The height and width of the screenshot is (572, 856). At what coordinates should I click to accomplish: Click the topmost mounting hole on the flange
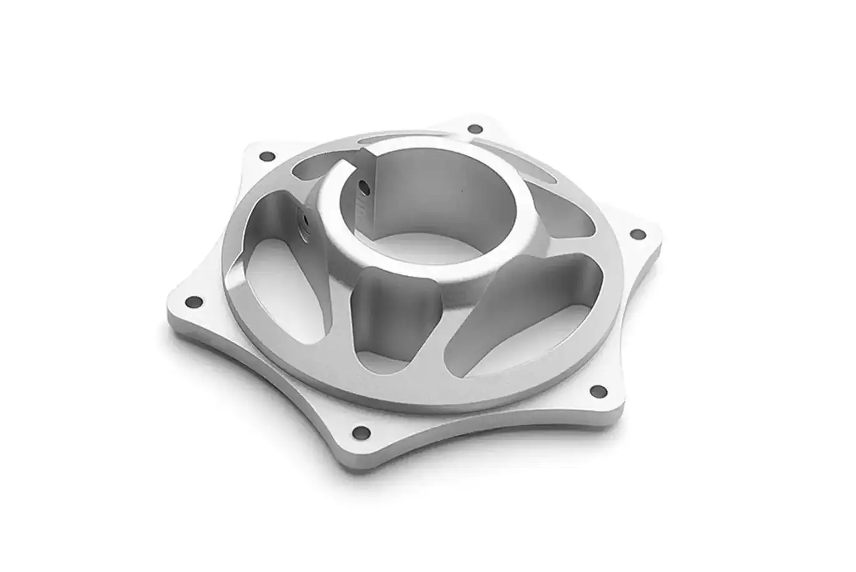[x=475, y=129]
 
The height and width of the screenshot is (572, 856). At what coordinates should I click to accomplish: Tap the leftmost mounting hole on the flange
[x=195, y=302]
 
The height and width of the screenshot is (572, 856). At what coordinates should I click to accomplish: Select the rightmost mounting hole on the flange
[x=637, y=234]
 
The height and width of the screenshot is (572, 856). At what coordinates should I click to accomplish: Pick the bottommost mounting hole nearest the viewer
[x=361, y=432]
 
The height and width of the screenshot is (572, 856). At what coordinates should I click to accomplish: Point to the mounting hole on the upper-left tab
[x=267, y=155]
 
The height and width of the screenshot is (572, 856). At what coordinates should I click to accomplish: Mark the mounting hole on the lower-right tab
[x=598, y=392]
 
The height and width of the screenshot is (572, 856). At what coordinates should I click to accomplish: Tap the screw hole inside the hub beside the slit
[x=361, y=185]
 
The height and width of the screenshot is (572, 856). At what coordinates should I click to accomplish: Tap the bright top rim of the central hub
[x=430, y=262]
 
